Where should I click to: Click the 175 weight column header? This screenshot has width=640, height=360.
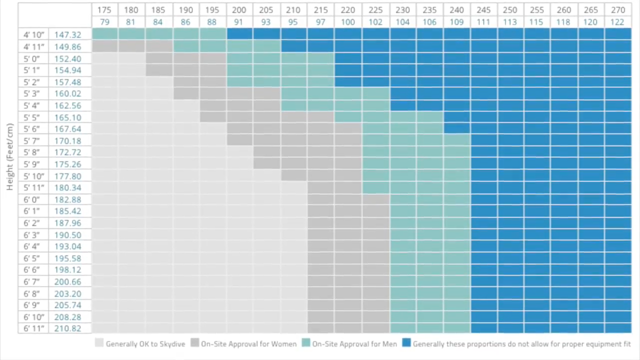(104, 10)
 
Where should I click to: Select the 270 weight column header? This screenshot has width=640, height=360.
(618, 10)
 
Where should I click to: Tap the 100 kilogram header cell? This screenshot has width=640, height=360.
(348, 22)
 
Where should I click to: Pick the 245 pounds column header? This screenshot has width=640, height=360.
(483, 10)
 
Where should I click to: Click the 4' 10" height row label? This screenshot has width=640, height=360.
(33, 34)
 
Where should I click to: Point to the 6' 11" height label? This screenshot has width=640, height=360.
(33, 328)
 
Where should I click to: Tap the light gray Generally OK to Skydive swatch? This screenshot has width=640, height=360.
(99, 343)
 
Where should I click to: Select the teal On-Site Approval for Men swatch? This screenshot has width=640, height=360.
(306, 343)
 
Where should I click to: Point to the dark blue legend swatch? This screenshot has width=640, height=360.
(406, 343)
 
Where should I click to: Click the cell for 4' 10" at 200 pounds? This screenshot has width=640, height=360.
(239, 34)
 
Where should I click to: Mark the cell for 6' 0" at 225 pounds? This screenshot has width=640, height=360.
(375, 199)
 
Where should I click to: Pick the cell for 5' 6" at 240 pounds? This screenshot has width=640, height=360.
(456, 129)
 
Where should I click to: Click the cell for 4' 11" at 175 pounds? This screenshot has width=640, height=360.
(104, 46)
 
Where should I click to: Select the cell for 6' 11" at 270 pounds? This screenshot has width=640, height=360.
(618, 328)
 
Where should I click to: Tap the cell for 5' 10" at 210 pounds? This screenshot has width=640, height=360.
(293, 176)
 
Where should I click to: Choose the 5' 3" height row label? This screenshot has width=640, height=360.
(33, 94)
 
